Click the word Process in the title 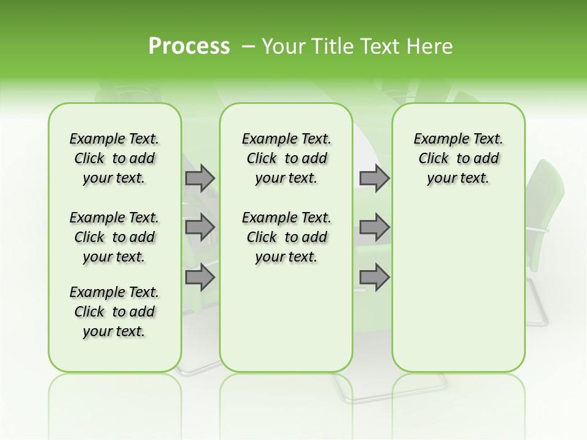click(189, 46)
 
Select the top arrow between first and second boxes click(199, 178)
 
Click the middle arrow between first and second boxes click(199, 227)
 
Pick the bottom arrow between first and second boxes click(199, 277)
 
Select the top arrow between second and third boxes click(374, 178)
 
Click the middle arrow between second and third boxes click(374, 227)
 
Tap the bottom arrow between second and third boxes click(374, 277)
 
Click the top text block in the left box click(114, 158)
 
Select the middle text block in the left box click(114, 237)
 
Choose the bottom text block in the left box click(114, 312)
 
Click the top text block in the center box click(287, 158)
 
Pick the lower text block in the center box click(287, 237)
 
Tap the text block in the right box click(459, 158)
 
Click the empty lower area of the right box click(459, 287)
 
